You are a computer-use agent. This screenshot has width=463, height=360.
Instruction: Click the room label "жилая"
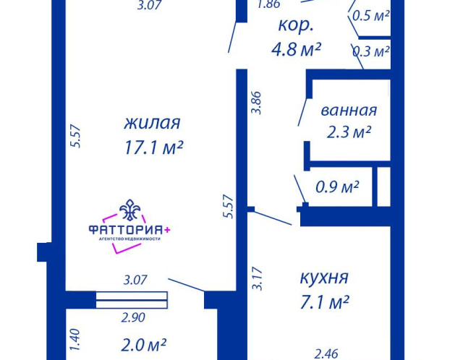152,123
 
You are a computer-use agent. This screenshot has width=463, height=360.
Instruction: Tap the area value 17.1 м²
154,147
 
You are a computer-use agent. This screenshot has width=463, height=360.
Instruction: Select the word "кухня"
324,278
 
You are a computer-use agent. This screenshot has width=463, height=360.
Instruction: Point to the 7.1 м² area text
325,302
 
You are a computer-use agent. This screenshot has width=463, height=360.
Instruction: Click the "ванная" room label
349,111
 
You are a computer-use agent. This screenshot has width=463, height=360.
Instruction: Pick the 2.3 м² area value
349,132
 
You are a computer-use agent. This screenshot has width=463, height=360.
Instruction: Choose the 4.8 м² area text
296,49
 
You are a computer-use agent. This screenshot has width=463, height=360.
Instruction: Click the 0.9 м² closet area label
337,187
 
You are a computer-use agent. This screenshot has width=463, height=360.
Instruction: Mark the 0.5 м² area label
370,16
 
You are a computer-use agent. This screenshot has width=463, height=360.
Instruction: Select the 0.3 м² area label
371,51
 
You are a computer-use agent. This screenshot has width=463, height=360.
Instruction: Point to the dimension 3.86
256,103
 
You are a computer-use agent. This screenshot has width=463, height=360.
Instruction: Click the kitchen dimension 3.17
257,278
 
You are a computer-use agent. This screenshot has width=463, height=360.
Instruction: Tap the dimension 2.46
326,353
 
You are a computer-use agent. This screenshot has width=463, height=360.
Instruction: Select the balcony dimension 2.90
133,317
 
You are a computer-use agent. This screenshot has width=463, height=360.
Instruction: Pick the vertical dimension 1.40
75,340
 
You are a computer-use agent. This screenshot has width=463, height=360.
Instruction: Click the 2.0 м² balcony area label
143,345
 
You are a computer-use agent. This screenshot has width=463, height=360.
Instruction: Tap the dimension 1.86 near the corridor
268,4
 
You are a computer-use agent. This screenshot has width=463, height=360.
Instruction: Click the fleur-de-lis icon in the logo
130,210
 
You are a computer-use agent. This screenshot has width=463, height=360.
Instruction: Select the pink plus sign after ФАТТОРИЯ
167,230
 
